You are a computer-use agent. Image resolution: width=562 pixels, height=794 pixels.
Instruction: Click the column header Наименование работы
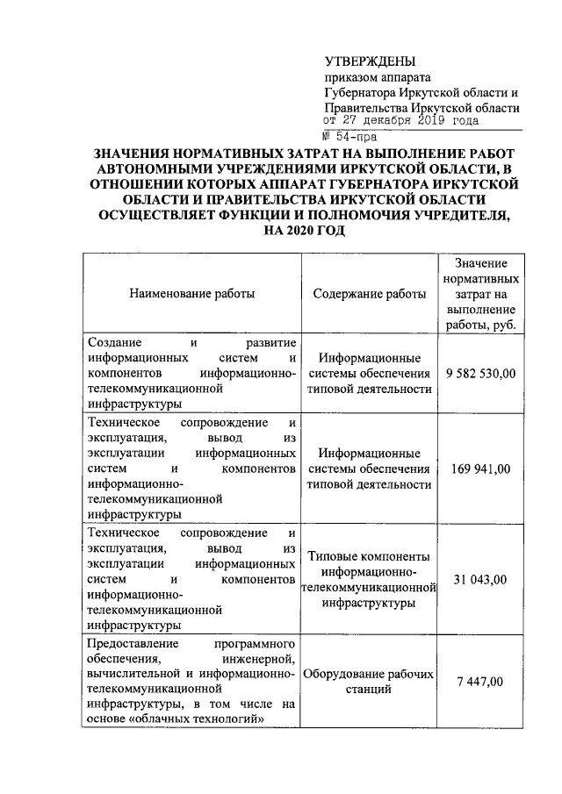[x=192, y=294]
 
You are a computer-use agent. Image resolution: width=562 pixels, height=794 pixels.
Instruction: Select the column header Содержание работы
[x=370, y=294]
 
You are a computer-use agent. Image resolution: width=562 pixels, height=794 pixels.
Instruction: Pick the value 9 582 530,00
[x=480, y=374]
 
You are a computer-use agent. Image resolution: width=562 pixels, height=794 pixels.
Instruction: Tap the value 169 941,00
[x=480, y=469]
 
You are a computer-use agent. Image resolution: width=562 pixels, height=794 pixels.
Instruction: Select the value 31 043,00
[x=480, y=579]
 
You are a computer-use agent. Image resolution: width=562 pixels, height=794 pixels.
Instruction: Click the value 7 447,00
[x=480, y=682]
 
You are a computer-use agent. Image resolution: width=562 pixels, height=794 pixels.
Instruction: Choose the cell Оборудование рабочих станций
[x=369, y=682]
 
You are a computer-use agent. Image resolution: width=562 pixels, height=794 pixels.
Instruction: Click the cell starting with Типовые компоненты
[x=369, y=580]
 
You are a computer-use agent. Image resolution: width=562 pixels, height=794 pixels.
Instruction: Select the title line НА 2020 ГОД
[x=299, y=231]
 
